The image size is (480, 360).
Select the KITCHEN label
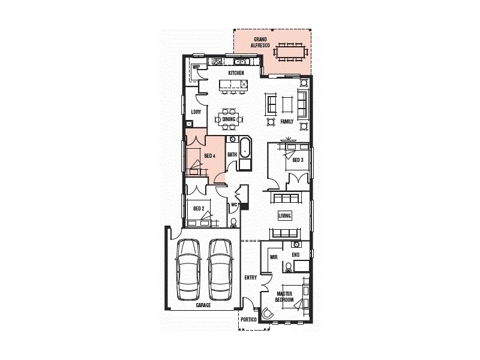click(x=236, y=73)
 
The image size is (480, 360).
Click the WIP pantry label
click(x=196, y=67)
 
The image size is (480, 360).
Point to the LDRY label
click(x=196, y=112)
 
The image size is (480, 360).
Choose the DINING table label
click(x=229, y=119)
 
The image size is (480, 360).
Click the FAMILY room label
click(x=287, y=122)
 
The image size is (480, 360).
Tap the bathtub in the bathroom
click(x=245, y=148)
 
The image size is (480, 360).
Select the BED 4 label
click(x=209, y=156)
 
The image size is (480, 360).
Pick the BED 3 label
click(x=298, y=160)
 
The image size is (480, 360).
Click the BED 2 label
click(x=199, y=209)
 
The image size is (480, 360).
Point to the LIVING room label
click(x=284, y=215)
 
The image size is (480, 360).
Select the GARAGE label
click(x=203, y=305)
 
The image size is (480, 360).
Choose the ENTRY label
click(x=251, y=277)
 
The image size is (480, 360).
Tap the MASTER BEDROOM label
click(x=284, y=296)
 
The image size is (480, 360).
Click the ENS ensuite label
click(x=295, y=255)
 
